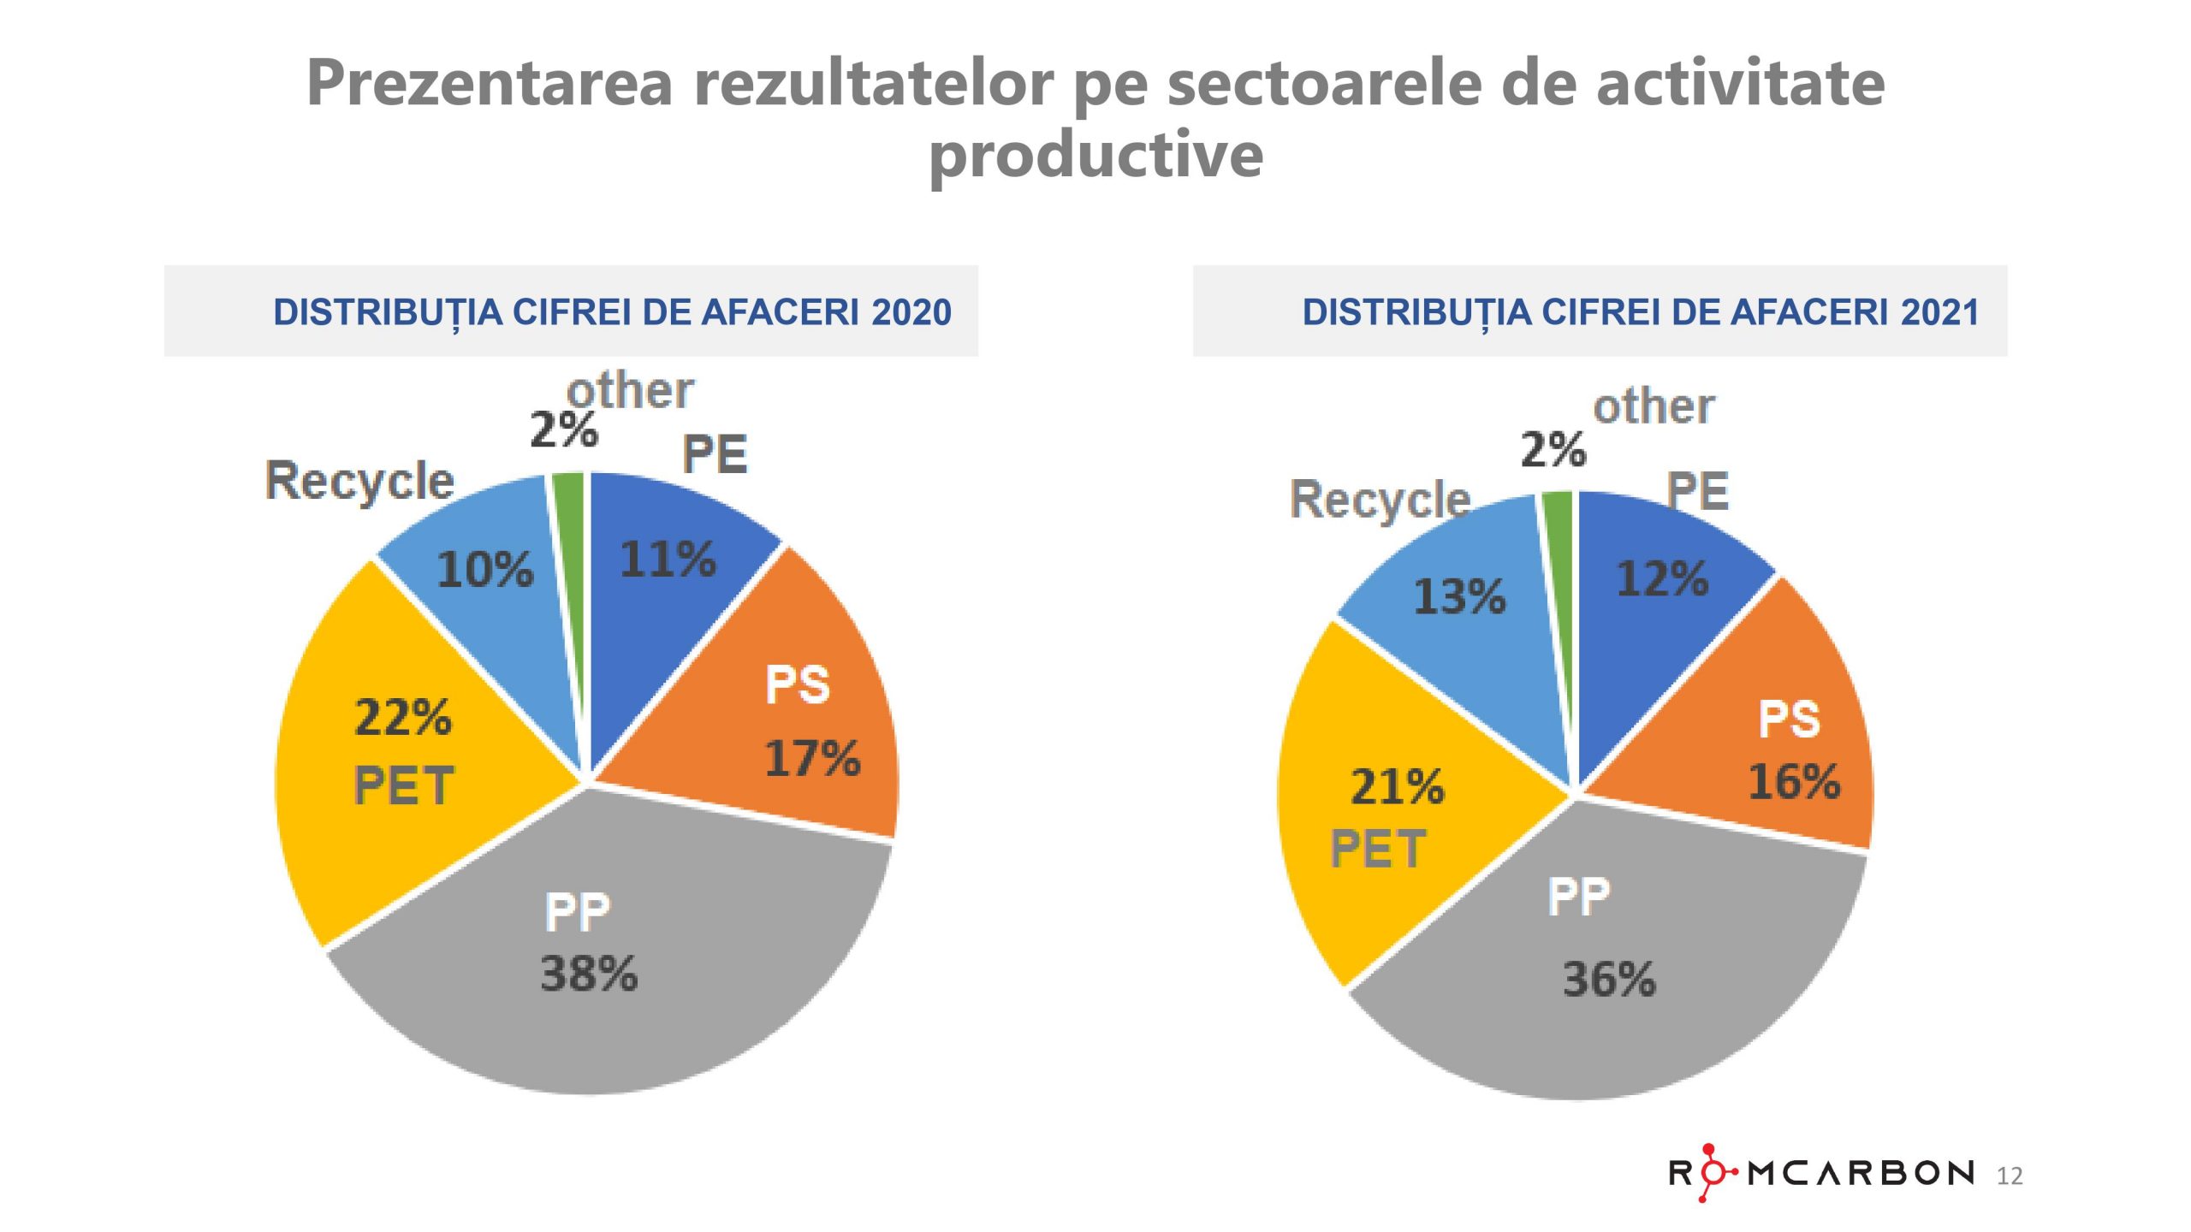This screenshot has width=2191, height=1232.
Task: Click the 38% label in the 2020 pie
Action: point(589,974)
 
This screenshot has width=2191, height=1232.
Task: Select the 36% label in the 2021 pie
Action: point(1609,980)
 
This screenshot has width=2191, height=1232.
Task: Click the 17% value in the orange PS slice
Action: point(811,759)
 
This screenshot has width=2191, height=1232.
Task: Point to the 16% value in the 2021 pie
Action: point(1794,781)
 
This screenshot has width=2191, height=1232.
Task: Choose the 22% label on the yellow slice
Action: point(402,718)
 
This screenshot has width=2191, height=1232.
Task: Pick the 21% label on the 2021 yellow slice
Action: point(1397,787)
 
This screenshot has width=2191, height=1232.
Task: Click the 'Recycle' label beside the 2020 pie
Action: point(359,481)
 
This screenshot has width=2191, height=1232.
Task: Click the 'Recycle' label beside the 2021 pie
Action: point(1380,500)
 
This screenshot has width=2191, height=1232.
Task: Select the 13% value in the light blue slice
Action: point(1458,596)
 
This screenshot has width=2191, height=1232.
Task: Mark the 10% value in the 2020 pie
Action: point(484,570)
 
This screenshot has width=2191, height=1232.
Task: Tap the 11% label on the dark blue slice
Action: point(667,560)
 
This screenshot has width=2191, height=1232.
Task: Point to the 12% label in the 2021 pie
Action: point(1661,579)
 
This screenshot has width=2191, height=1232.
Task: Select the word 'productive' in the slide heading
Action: point(1095,155)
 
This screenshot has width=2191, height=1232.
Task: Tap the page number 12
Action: point(2009,1176)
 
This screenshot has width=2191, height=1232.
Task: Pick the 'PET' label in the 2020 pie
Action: point(403,786)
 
